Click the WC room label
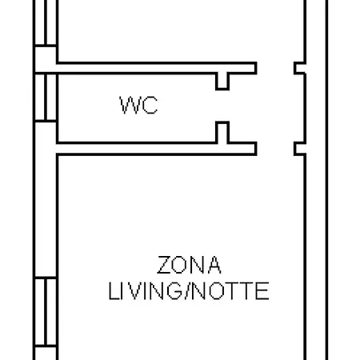point(138,105)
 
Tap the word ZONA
point(189,265)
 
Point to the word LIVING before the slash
point(145,291)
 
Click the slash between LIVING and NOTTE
point(186,291)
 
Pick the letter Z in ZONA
point(164,265)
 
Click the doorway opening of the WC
point(222,106)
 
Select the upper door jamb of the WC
point(222,81)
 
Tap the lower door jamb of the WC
point(222,132)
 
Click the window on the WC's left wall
point(46,97)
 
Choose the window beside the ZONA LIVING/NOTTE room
point(46,311)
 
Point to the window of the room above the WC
point(46,22)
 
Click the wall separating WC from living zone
point(157,149)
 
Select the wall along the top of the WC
point(157,68)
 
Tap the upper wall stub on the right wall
point(300,68)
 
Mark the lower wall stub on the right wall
point(300,149)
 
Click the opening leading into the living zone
point(275,149)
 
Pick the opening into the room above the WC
point(275,68)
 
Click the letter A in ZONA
point(214,265)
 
